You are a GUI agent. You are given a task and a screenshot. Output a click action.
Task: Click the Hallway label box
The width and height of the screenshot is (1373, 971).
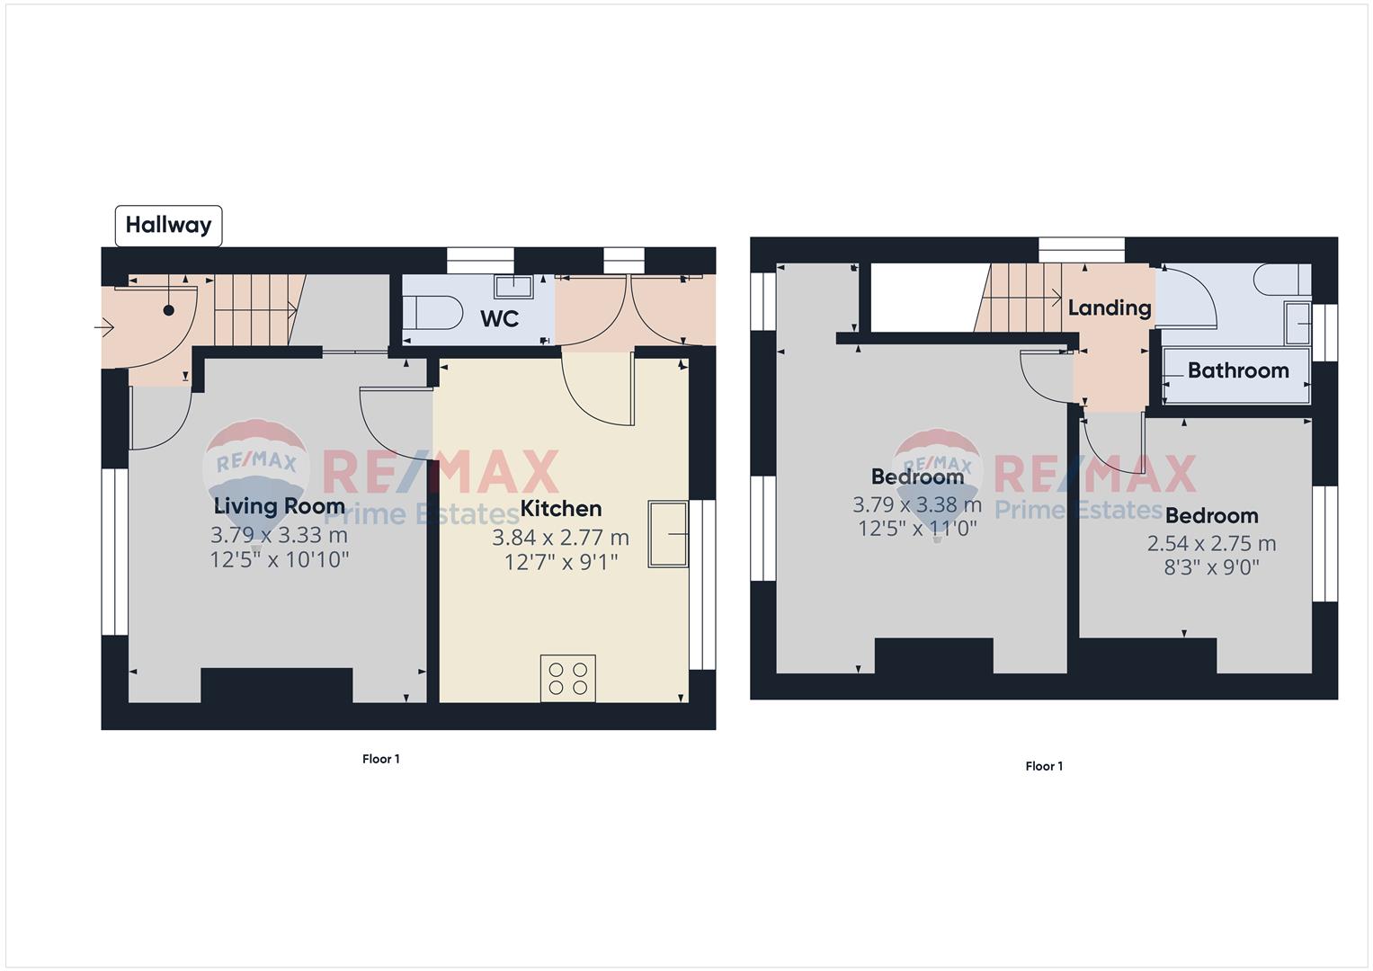168,226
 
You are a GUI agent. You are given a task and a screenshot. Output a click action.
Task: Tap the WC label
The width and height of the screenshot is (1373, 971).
500,319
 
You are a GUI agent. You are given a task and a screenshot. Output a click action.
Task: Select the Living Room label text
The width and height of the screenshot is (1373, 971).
279,506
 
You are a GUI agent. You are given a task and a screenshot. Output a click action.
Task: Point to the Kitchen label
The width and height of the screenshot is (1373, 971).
561,508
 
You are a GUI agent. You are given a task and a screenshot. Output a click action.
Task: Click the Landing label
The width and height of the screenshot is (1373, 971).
1110,307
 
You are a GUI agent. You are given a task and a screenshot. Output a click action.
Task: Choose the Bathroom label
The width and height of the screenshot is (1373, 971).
1238,370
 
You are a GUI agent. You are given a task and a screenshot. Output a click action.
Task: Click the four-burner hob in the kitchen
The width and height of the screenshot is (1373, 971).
567,678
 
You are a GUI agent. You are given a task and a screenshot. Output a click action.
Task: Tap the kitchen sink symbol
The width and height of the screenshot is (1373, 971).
668,534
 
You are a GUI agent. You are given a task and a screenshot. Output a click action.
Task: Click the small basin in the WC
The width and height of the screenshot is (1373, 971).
513,286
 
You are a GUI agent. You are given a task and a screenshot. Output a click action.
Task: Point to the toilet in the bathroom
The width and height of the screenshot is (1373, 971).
1282,280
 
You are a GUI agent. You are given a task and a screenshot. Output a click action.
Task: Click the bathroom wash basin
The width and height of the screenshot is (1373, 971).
1298,323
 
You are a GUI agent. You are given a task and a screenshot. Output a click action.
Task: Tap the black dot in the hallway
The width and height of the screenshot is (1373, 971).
168,310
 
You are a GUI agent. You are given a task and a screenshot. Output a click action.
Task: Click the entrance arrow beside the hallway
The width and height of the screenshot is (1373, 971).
104,328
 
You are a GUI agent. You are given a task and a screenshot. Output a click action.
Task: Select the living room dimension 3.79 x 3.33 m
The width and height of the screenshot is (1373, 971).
279,535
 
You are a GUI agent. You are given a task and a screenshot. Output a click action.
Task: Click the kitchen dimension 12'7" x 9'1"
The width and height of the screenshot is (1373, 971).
561,562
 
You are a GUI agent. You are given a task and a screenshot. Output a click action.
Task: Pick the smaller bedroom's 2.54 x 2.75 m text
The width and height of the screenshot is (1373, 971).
1212,543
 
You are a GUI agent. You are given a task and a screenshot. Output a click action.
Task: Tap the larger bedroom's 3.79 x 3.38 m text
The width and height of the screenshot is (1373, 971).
917,504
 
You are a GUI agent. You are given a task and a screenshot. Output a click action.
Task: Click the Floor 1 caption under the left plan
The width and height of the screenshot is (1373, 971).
380,759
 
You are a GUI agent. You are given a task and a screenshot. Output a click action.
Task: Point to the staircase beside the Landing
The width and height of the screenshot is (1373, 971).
1019,298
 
